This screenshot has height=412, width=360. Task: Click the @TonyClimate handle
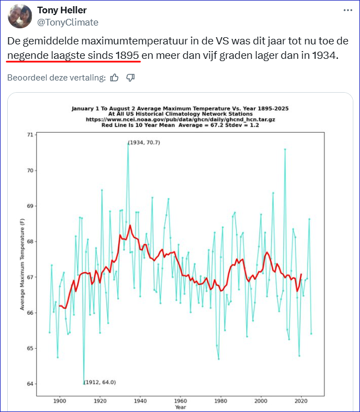pos(67,22)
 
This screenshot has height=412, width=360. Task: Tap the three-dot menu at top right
pos(347,10)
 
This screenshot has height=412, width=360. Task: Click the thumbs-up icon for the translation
pos(114,78)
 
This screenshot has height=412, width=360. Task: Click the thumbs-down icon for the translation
pos(131,78)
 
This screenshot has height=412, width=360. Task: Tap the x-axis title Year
pos(180,408)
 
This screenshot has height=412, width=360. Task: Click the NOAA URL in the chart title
pos(180,119)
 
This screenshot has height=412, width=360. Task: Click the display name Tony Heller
pos(62,11)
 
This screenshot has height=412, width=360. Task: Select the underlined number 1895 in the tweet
pos(127,56)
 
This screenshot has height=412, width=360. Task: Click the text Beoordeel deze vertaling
pos(56,78)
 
